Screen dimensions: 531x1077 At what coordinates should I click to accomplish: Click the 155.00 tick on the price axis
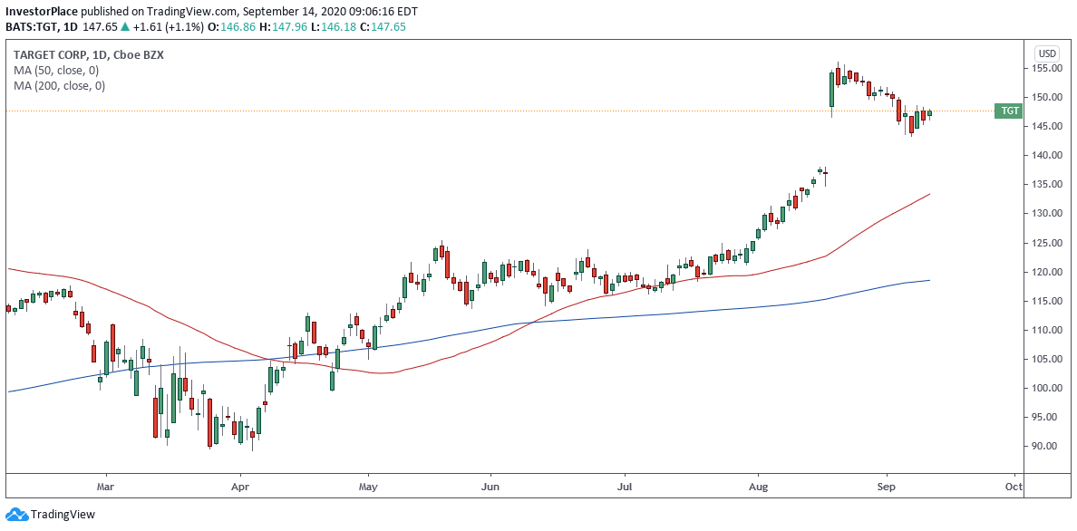1048,68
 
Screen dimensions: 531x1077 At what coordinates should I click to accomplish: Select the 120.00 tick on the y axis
1048,272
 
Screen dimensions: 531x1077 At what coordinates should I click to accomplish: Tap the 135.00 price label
1048,184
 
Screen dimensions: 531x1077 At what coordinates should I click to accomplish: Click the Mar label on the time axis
105,487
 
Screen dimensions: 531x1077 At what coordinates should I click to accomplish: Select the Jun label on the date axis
490,487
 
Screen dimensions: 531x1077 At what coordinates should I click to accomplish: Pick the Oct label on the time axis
1014,487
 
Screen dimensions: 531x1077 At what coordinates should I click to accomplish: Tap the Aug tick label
759,487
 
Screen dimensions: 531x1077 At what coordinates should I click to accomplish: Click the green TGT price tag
1009,111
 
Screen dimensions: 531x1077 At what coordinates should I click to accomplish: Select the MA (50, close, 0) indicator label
56,71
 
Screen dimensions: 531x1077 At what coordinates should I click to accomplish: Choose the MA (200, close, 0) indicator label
59,86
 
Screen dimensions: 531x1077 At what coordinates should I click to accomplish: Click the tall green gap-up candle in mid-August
831,89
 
